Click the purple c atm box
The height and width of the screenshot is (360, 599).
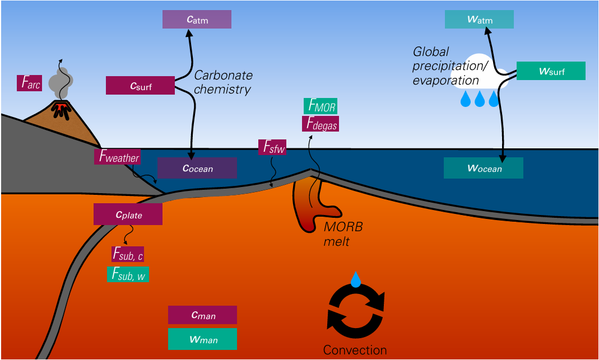197,20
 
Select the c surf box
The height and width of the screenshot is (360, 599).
141,86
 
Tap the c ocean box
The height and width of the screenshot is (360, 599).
197,168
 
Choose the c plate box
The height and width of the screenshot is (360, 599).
128,214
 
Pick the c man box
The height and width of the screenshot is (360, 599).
202,315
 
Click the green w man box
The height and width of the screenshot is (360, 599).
202,339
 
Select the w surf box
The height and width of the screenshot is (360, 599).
550,71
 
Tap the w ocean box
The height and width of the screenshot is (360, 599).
483,168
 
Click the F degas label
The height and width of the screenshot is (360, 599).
321,124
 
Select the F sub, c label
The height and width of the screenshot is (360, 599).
128,254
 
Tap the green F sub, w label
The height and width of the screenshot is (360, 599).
128,274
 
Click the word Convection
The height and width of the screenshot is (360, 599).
355,350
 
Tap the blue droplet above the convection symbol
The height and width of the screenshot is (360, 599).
355,279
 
